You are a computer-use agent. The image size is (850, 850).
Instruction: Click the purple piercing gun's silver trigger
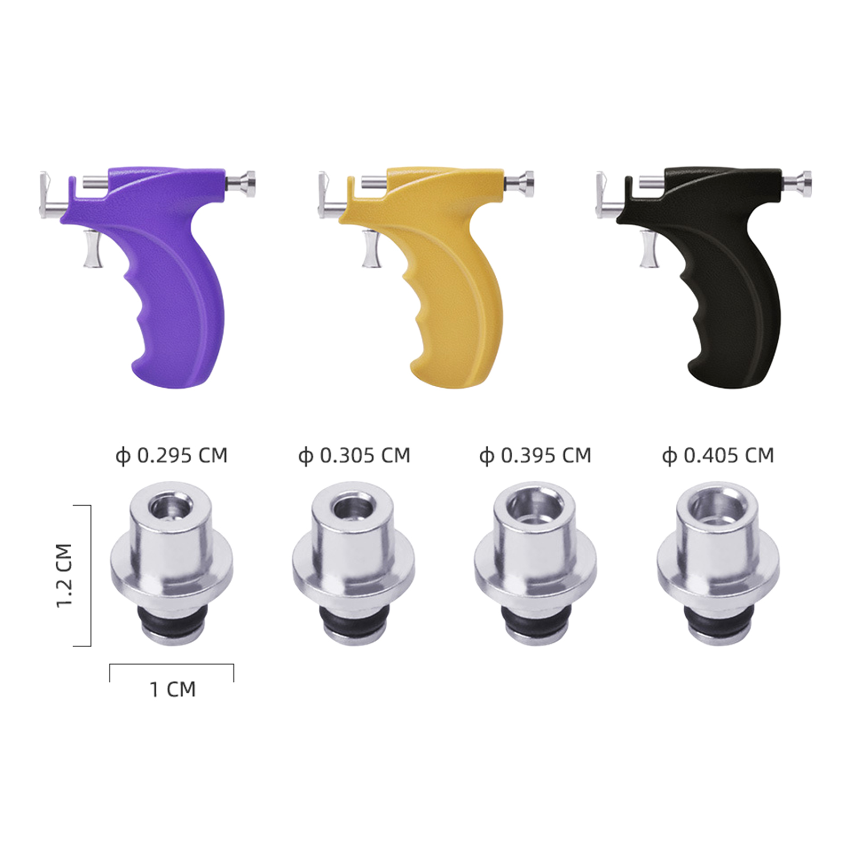click(92, 249)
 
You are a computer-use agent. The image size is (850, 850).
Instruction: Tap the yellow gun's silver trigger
click(370, 249)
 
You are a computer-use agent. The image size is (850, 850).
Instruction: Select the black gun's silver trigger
click(648, 249)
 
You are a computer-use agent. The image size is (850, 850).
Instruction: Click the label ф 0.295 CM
click(172, 456)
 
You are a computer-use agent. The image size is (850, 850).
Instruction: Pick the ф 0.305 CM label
click(354, 456)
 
